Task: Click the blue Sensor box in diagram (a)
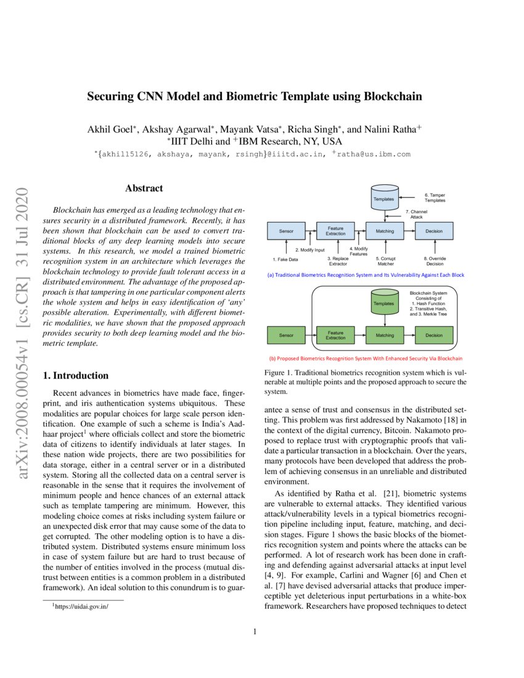click(x=286, y=231)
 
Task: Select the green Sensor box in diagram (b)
click(x=286, y=335)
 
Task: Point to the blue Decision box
click(x=434, y=231)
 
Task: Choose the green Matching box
click(x=385, y=335)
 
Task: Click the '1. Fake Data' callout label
click(x=285, y=259)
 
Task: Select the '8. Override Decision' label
click(x=435, y=261)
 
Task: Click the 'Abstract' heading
click(x=144, y=189)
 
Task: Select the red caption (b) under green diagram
click(x=366, y=358)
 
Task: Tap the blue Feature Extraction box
click(x=335, y=231)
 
